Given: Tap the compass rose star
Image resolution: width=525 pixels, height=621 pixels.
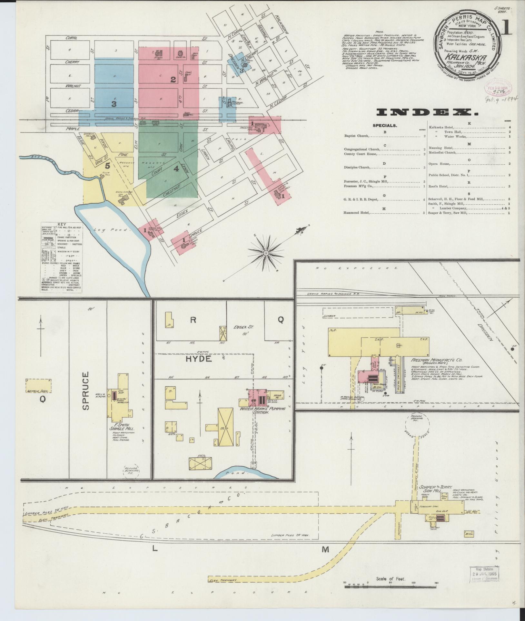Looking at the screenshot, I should coord(266,253).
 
